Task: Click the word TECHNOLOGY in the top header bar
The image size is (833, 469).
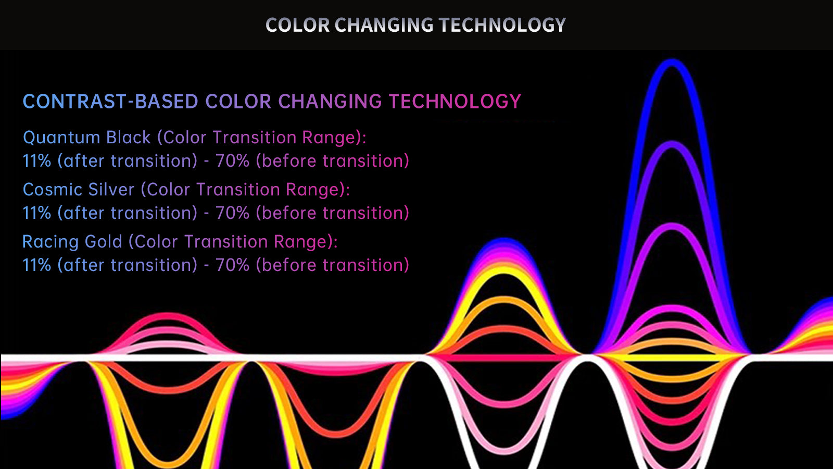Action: click(x=502, y=26)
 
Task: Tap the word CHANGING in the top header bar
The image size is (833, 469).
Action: click(x=384, y=26)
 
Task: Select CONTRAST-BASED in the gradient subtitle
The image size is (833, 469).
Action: click(x=110, y=101)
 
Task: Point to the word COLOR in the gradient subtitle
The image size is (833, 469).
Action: click(x=238, y=101)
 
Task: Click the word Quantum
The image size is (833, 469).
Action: click(x=62, y=138)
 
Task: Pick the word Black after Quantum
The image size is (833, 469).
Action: click(x=128, y=138)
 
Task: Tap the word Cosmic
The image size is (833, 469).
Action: click(x=53, y=190)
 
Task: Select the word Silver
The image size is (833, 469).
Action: click(x=111, y=190)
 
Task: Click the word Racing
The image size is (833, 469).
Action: click(x=51, y=242)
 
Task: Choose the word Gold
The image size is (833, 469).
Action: click(x=104, y=242)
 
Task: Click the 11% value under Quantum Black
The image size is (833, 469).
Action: click(x=37, y=161)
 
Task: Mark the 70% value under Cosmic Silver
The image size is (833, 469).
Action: click(x=232, y=213)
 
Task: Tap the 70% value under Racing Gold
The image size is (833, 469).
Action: click(x=232, y=265)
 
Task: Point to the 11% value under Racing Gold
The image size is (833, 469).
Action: click(x=37, y=265)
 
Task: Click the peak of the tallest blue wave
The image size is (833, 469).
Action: click(x=672, y=63)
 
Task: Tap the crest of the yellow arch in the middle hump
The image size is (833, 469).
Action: click(x=503, y=270)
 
